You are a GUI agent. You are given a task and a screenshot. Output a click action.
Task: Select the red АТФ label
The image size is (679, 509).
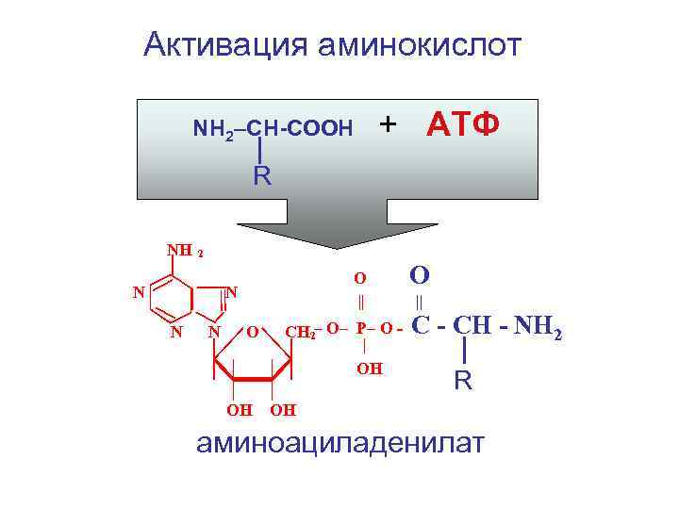point(463,123)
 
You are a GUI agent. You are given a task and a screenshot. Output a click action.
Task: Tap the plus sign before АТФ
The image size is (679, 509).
point(388,123)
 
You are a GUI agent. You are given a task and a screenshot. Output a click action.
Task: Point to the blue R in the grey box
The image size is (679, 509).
point(261,175)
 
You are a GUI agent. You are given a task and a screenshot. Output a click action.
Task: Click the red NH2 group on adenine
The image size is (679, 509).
point(185,252)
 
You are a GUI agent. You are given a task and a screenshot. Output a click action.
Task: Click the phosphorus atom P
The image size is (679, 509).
point(362,329)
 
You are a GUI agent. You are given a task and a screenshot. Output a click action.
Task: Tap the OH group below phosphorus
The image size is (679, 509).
point(369,369)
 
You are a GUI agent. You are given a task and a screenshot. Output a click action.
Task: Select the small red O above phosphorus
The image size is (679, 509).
point(359,278)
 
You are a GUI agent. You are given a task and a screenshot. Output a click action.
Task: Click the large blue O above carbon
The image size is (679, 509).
point(420,274)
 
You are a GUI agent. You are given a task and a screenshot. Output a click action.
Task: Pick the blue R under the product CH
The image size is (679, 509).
point(463,382)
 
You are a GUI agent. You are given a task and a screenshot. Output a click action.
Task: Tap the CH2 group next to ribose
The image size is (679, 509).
point(301,332)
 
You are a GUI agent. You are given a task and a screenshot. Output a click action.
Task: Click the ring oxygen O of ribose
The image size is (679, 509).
point(252,332)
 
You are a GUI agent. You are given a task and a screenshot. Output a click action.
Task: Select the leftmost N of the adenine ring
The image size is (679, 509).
point(138,292)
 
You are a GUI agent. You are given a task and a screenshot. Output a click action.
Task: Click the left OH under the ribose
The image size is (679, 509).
point(239,410)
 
